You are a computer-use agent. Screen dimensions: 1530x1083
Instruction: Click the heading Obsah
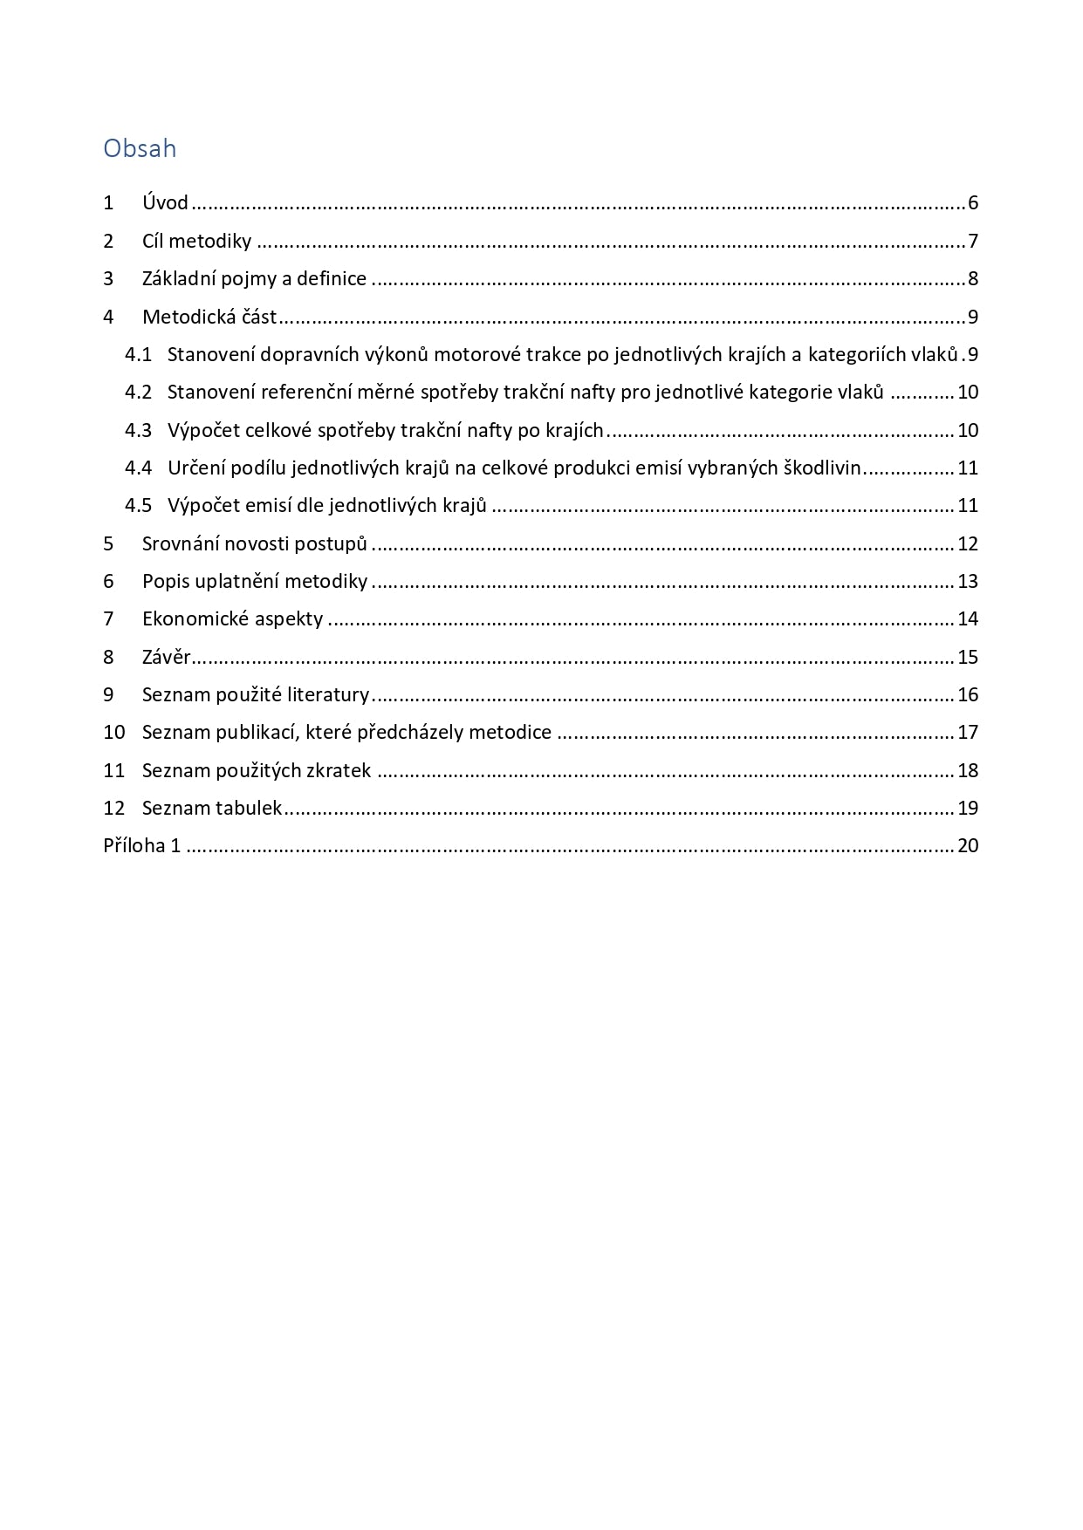(140, 148)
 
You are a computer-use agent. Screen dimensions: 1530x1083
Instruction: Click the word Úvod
(165, 203)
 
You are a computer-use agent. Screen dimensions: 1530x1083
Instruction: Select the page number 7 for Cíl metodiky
(972, 242)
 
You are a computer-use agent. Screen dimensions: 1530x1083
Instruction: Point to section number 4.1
(138, 355)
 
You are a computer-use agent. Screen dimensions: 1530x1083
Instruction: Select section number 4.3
(138, 430)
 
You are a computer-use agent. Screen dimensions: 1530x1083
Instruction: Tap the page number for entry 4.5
(968, 506)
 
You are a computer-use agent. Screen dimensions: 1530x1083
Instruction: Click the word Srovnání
(181, 544)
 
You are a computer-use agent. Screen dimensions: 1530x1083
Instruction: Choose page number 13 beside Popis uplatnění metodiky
(968, 582)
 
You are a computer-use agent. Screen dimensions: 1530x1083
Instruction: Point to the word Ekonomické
(195, 619)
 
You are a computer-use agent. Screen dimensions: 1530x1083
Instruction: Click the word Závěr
(166, 658)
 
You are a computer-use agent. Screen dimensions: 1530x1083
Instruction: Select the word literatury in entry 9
(328, 695)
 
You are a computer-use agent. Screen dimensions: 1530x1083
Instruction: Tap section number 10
(114, 733)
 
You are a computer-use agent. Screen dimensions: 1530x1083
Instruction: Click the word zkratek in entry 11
(338, 771)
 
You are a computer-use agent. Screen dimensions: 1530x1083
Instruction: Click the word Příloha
(134, 846)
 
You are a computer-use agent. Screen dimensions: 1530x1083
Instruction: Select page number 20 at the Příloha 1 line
(968, 846)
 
